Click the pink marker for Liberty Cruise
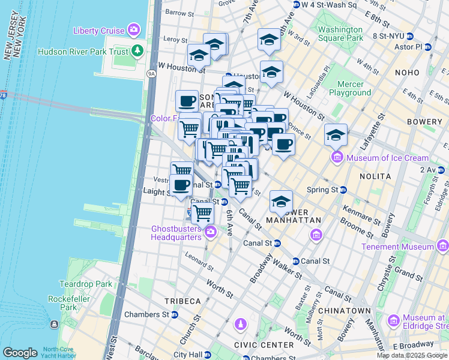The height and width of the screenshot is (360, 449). pos(134,30)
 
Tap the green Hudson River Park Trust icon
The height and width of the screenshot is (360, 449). pos(139,51)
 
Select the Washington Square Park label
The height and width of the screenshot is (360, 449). pos(340,34)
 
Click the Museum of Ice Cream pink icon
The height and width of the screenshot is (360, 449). pos(337,158)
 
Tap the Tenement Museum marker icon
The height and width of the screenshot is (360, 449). pos(442,247)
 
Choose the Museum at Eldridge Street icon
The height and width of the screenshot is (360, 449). pos(394,320)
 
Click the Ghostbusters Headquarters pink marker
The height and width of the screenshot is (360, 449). pos(210,232)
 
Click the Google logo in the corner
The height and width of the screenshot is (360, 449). pos(20,353)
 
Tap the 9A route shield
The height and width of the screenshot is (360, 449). pos(151,74)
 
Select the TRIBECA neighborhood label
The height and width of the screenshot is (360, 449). pos(184,301)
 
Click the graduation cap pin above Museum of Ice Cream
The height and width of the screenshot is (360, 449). pos(336,135)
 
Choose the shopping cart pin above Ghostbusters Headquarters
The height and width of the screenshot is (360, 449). pos(203,213)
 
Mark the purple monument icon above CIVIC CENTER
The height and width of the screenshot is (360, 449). pos(240,325)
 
